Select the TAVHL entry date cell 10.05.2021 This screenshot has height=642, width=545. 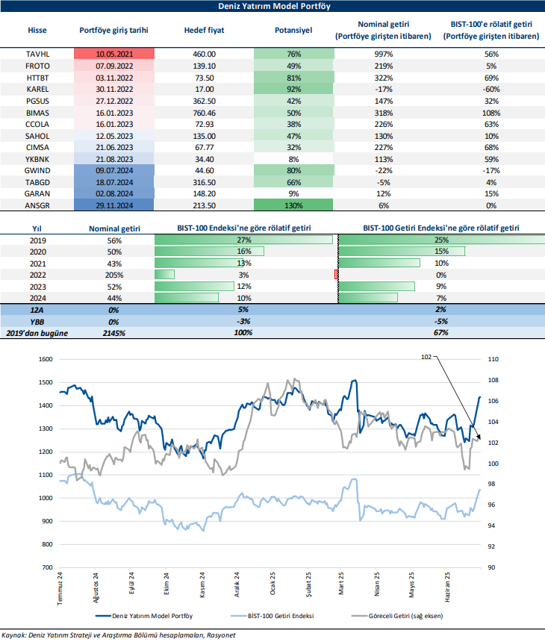tap(114, 54)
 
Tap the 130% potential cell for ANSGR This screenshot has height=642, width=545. tap(293, 205)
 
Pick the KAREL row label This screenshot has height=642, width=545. tap(37, 88)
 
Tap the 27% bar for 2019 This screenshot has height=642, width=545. tap(243, 240)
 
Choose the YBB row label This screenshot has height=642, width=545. tap(37, 321)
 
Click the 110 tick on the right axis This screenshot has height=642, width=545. tap(492, 359)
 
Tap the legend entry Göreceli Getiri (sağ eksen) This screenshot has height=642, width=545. tap(408, 617)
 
